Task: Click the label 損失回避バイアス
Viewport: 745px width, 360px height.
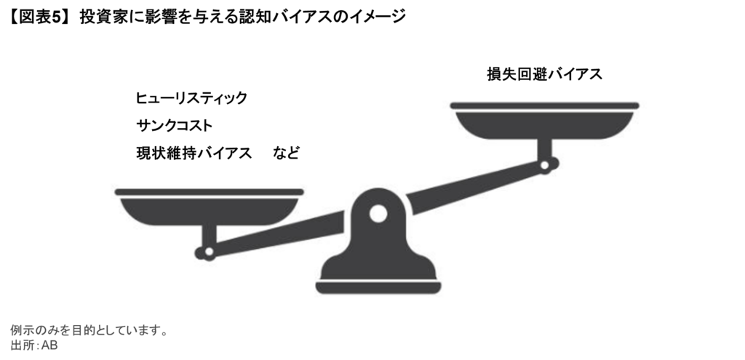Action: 544,74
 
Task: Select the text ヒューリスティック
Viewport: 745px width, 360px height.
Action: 191,98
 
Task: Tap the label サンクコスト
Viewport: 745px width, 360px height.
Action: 174,125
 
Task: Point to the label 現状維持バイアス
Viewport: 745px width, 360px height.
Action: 194,153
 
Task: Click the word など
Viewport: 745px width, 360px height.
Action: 286,153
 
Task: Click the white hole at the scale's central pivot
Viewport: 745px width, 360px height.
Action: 378,214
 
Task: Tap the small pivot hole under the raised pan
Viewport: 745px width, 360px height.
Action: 544,165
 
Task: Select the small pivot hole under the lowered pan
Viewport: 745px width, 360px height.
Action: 209,252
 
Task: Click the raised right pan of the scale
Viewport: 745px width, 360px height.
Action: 544,121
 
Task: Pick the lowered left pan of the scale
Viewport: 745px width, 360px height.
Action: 209,207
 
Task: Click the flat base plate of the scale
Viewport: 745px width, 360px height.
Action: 378,287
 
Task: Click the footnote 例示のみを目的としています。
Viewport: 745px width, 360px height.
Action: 89,330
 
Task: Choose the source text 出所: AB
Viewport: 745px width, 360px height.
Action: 33,345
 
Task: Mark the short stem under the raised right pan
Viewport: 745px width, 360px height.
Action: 544,148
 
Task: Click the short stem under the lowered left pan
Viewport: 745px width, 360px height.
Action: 209,236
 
